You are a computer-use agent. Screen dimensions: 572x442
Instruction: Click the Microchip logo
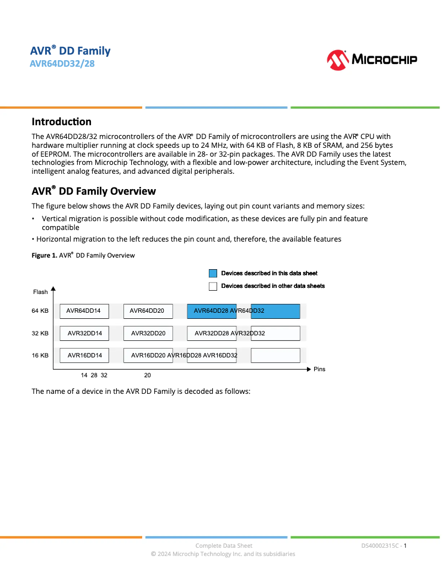coord(371,60)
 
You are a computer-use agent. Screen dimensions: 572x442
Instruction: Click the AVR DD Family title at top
coord(70,51)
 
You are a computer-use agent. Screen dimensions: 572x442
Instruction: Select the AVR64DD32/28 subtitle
coord(62,64)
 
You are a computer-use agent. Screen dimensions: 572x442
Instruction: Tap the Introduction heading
coord(61,122)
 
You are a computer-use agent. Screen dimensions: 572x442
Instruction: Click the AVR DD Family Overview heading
coord(94,191)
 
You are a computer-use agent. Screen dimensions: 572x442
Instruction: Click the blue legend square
coord(213,273)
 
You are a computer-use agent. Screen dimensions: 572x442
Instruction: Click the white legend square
coord(213,286)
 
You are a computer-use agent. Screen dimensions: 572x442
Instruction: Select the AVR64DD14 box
coord(84,311)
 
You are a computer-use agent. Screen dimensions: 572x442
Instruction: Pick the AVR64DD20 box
coord(148,311)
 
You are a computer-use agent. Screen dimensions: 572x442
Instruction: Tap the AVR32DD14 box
coord(84,333)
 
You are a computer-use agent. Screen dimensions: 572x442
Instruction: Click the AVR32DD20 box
coord(148,333)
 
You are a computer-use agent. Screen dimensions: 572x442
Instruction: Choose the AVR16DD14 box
coord(84,355)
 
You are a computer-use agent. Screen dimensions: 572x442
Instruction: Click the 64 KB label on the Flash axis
coord(40,311)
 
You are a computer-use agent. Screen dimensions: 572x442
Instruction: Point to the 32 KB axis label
coord(40,333)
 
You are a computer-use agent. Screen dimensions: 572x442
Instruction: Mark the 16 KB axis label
coord(40,355)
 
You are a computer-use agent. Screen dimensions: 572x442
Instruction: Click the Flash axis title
coord(40,292)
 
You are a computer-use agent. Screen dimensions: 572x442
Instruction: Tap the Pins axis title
coord(319,369)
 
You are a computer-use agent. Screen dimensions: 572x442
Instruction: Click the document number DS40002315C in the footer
coord(380,546)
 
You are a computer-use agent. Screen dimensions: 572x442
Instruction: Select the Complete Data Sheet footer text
coord(224,546)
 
